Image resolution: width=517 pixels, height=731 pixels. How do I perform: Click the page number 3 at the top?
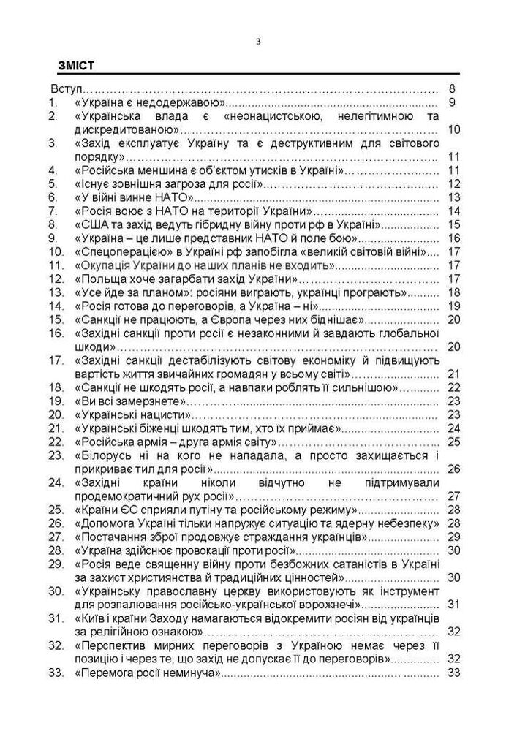coord(258,40)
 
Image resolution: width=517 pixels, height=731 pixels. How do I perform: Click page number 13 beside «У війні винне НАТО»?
coord(453,197)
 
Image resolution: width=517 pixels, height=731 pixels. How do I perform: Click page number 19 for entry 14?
coord(453,306)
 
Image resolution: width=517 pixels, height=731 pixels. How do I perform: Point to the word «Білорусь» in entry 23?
coord(100,455)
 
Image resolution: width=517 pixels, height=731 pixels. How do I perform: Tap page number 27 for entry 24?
coord(453,496)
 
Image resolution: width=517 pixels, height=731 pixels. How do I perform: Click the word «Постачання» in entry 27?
coord(107,537)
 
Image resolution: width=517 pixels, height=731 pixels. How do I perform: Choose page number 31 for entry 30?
coord(453,605)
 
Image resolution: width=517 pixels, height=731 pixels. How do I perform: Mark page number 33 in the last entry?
coord(453,673)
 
